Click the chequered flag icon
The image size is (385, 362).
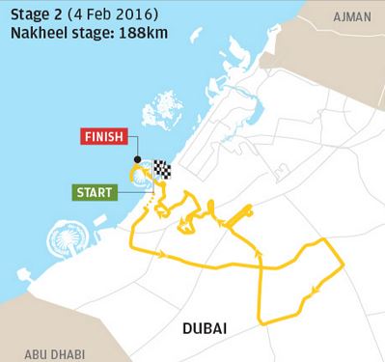coord(161,171)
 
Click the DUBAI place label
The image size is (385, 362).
coord(205,330)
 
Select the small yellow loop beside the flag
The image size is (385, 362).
coord(143,174)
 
